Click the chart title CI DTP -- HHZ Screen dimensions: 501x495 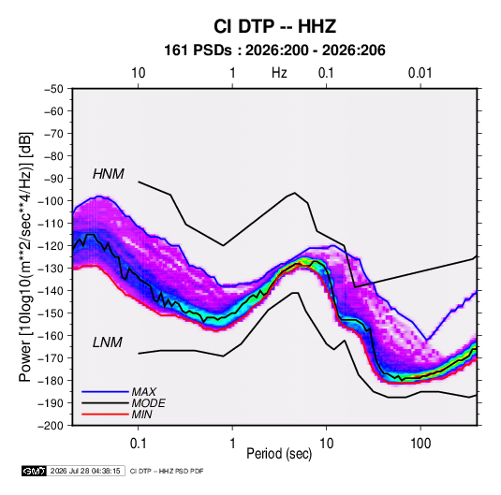(274, 26)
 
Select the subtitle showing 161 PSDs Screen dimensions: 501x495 (274, 51)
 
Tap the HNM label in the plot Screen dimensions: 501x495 (109, 174)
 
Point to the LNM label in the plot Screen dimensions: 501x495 (108, 342)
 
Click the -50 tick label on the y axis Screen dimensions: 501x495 (53, 89)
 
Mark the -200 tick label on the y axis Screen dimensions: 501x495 (51, 426)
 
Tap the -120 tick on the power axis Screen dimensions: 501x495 (51, 246)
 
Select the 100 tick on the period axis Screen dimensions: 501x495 (420, 444)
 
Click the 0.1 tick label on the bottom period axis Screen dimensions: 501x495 (138, 444)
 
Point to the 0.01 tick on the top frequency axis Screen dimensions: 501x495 (420, 73)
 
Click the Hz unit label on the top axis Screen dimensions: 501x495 (279, 73)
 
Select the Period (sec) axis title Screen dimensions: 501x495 (279, 454)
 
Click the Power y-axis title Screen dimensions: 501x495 (25, 257)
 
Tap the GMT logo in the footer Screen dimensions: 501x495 (34, 471)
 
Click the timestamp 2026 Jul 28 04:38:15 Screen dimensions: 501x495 (85, 471)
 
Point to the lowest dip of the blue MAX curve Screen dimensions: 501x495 (427, 340)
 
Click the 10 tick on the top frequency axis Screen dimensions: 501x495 (138, 73)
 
